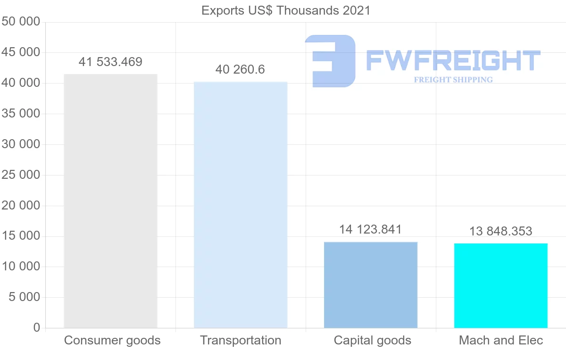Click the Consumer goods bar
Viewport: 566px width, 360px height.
click(110, 201)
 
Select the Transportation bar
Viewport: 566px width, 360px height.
click(241, 205)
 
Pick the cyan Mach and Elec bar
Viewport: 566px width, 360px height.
click(500, 285)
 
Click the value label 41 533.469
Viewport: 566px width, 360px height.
click(110, 62)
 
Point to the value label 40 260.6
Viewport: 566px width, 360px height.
click(240, 70)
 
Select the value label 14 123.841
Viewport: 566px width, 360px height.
click(370, 230)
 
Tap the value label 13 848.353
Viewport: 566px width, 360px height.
click(500, 231)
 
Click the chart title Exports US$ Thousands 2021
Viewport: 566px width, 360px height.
click(286, 10)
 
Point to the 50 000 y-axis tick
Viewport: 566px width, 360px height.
click(21, 22)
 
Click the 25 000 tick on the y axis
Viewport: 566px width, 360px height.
click(21, 175)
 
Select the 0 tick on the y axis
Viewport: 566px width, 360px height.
click(37, 328)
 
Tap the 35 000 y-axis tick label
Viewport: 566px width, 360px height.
click(21, 114)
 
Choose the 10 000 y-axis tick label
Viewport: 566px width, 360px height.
click(21, 267)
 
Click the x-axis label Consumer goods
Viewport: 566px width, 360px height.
click(112, 340)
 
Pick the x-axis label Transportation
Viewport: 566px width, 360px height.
click(241, 340)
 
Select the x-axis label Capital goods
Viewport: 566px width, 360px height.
click(372, 340)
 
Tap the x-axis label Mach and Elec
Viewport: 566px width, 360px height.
click(501, 340)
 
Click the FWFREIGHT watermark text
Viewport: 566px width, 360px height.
click(453, 61)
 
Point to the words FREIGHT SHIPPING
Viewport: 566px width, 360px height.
click(453, 80)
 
